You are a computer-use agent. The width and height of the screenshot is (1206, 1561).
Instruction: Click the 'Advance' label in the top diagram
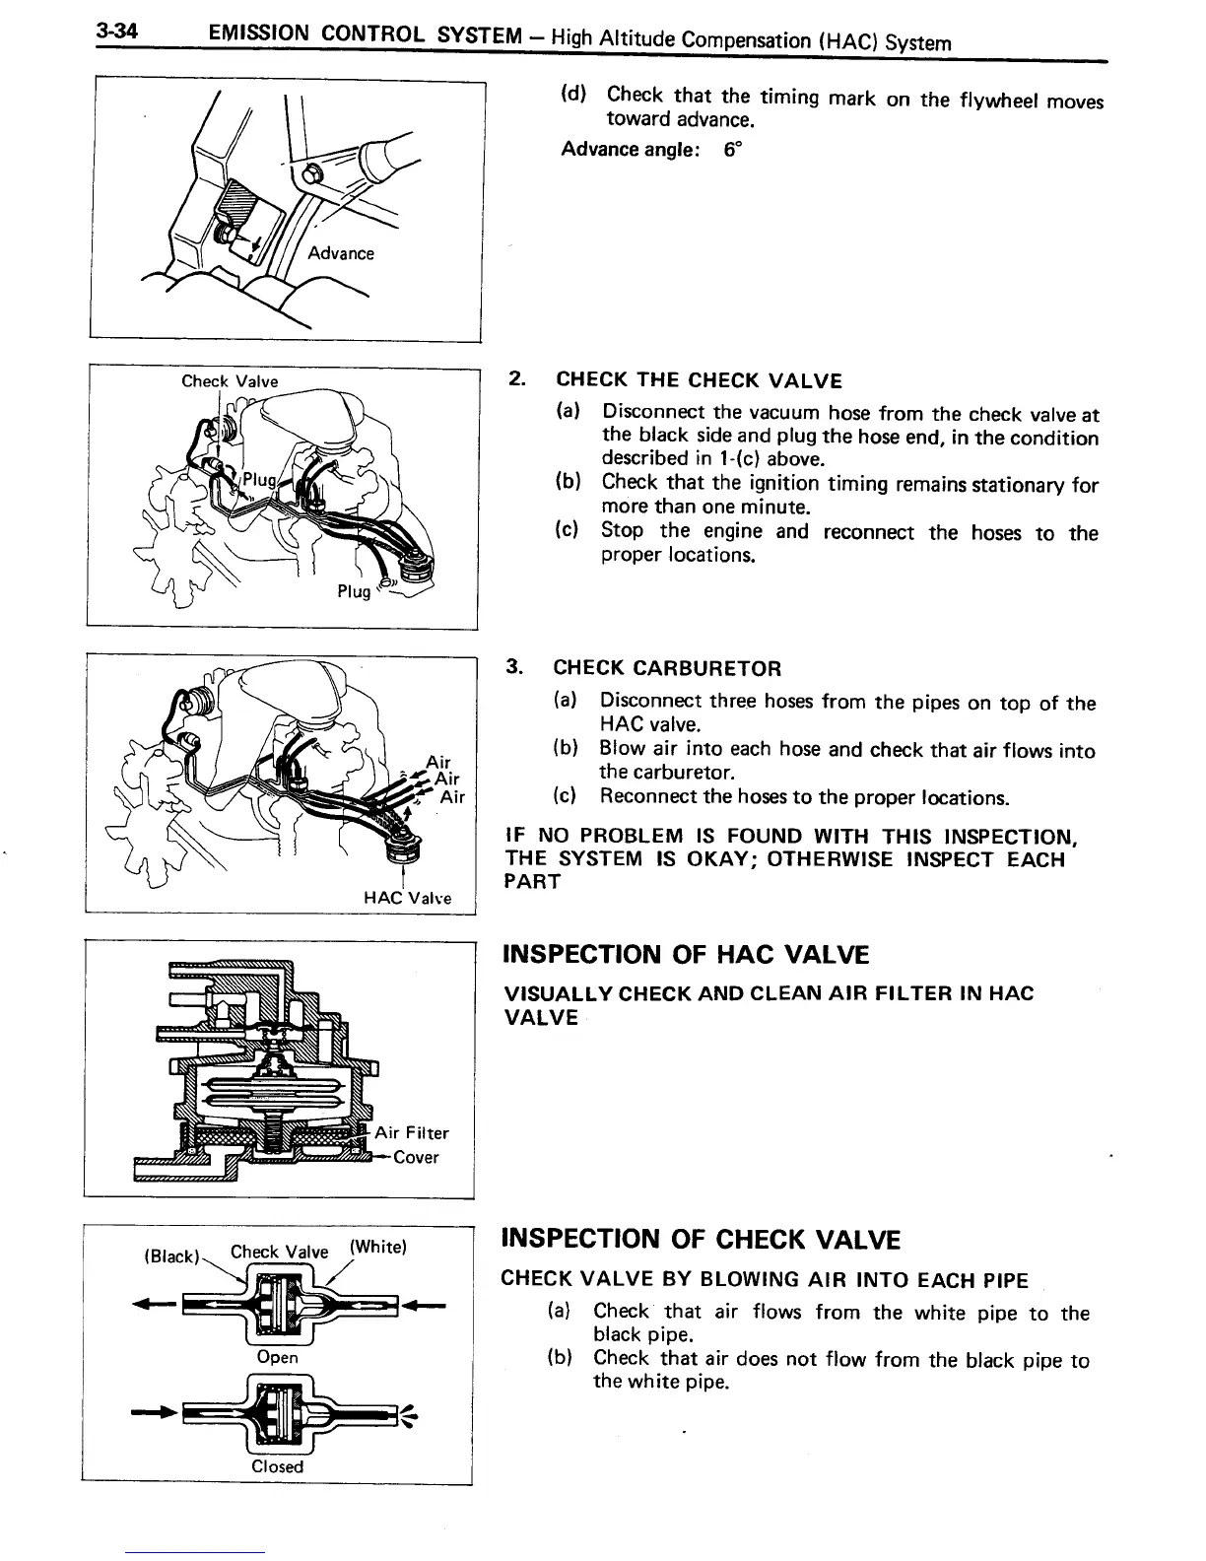[x=341, y=253]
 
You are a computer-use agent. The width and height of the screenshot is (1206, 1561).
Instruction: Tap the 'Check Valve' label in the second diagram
[x=230, y=381]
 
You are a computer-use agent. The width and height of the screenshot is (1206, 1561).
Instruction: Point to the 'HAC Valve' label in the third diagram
[x=407, y=898]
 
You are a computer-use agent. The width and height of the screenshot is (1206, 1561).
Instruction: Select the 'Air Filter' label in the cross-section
[x=412, y=1133]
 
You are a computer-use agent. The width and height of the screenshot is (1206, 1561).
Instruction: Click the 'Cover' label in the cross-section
[x=416, y=1157]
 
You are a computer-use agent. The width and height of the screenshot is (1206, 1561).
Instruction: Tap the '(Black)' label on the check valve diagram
[x=171, y=1256]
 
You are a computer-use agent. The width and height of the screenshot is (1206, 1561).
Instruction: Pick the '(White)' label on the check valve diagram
[x=377, y=1247]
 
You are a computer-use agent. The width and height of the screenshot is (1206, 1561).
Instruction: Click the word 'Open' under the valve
[x=277, y=1357]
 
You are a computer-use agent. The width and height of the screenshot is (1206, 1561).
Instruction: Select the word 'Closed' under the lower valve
[x=278, y=1466]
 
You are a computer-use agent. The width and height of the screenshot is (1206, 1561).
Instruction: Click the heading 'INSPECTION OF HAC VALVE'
[x=686, y=955]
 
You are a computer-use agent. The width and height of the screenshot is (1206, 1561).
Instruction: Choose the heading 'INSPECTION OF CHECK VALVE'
[x=701, y=1239]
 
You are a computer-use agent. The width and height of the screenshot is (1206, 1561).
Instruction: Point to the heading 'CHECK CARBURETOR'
[x=667, y=669]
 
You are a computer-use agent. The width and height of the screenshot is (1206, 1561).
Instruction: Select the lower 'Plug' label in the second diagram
[x=354, y=591]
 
